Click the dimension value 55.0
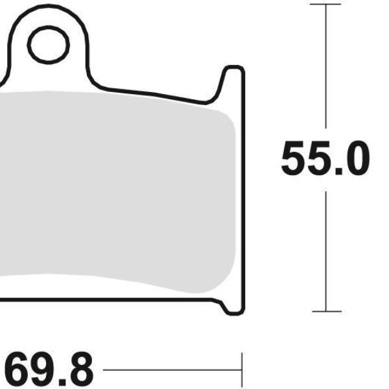(x=325, y=159)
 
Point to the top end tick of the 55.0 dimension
(x=325, y=5)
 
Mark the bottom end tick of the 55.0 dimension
(x=325, y=311)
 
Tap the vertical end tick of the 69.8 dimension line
(x=241, y=370)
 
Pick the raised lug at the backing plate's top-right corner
(x=234, y=78)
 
